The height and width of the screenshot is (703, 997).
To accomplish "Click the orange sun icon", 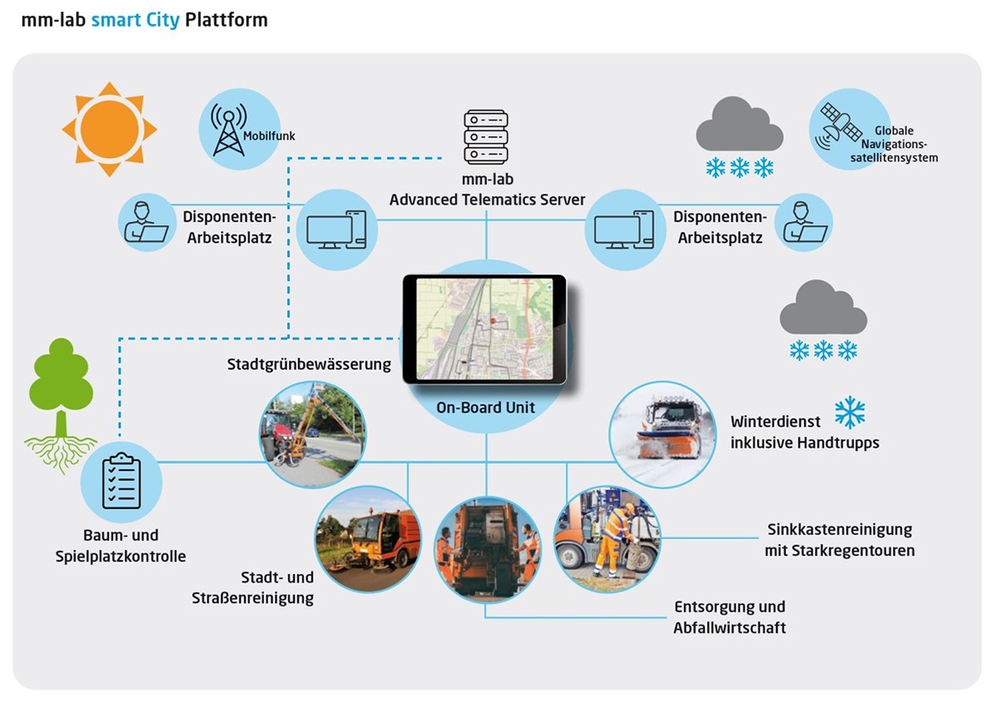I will point(109,129).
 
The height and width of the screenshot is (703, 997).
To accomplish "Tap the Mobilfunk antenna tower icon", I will point(228,130).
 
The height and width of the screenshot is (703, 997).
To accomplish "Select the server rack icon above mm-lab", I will point(487,138).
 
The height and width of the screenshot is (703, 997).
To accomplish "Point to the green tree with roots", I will point(61,399).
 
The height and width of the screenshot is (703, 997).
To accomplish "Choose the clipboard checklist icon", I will point(121,481).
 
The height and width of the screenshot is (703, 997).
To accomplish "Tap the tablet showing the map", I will point(484,329).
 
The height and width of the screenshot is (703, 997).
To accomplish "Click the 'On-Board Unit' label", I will point(486,407).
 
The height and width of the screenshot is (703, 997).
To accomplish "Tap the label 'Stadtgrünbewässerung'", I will point(309,364).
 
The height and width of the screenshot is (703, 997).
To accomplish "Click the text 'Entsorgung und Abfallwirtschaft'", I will point(729,617).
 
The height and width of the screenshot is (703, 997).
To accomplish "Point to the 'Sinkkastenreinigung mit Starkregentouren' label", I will point(838,539).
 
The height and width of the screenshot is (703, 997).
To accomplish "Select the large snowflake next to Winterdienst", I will point(850,412).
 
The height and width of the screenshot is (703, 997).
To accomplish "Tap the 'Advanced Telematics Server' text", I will point(488,199).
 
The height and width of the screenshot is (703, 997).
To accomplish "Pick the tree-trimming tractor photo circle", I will point(312,434).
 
